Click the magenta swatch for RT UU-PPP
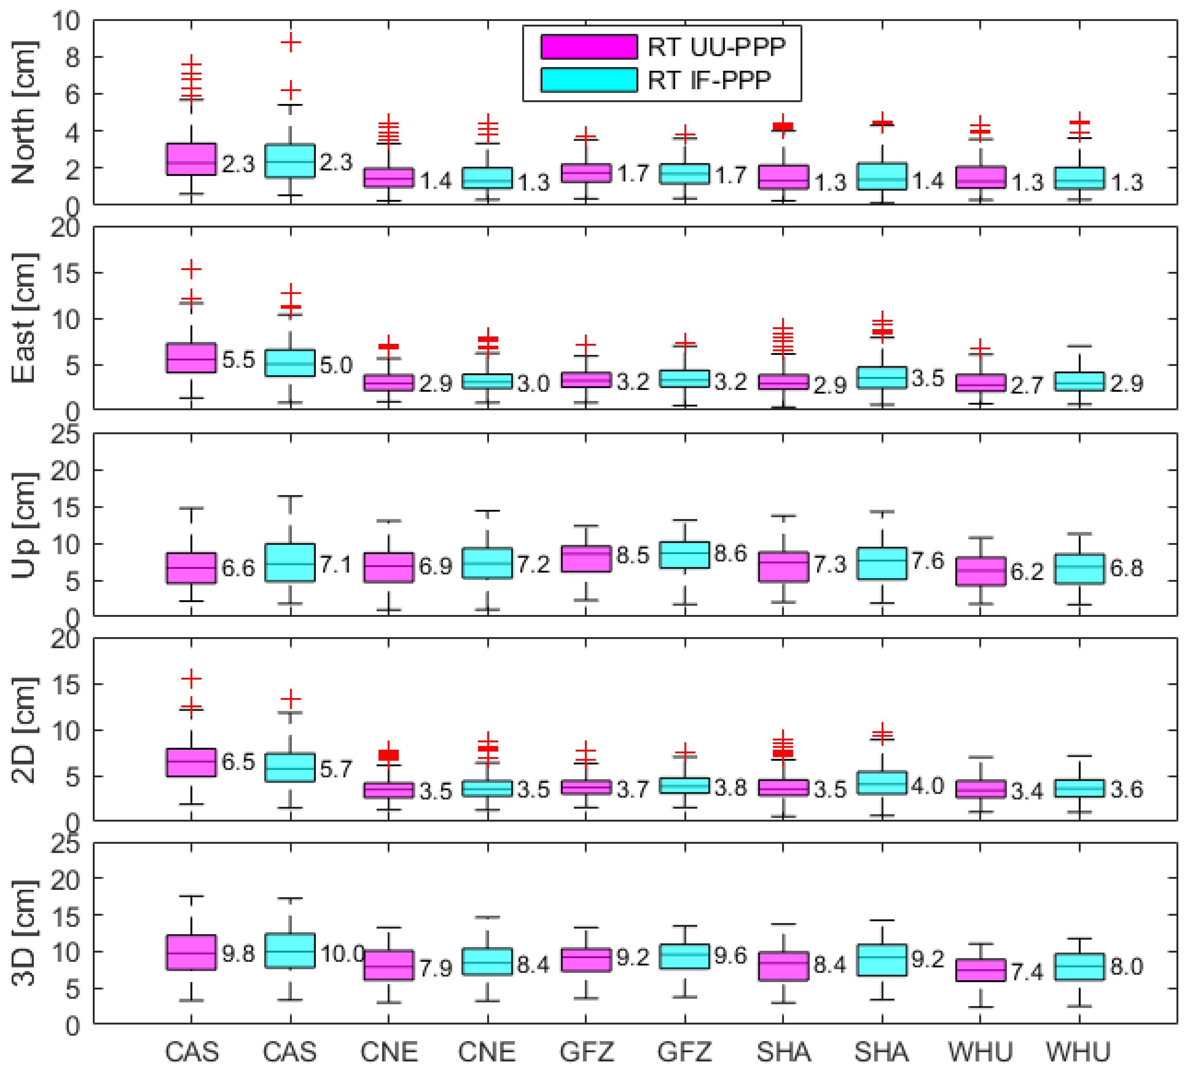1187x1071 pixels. coord(588,46)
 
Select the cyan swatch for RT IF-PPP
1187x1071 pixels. coord(588,79)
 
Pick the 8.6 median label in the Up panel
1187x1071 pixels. coord(730,553)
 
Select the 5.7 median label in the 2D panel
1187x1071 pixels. coord(336,769)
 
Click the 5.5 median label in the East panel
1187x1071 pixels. coord(238,359)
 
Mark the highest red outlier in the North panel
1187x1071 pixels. coord(291,42)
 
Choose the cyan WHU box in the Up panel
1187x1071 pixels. coord(1079,569)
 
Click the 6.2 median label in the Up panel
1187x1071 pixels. coord(1027,571)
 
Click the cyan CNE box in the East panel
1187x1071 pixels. coord(487,381)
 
